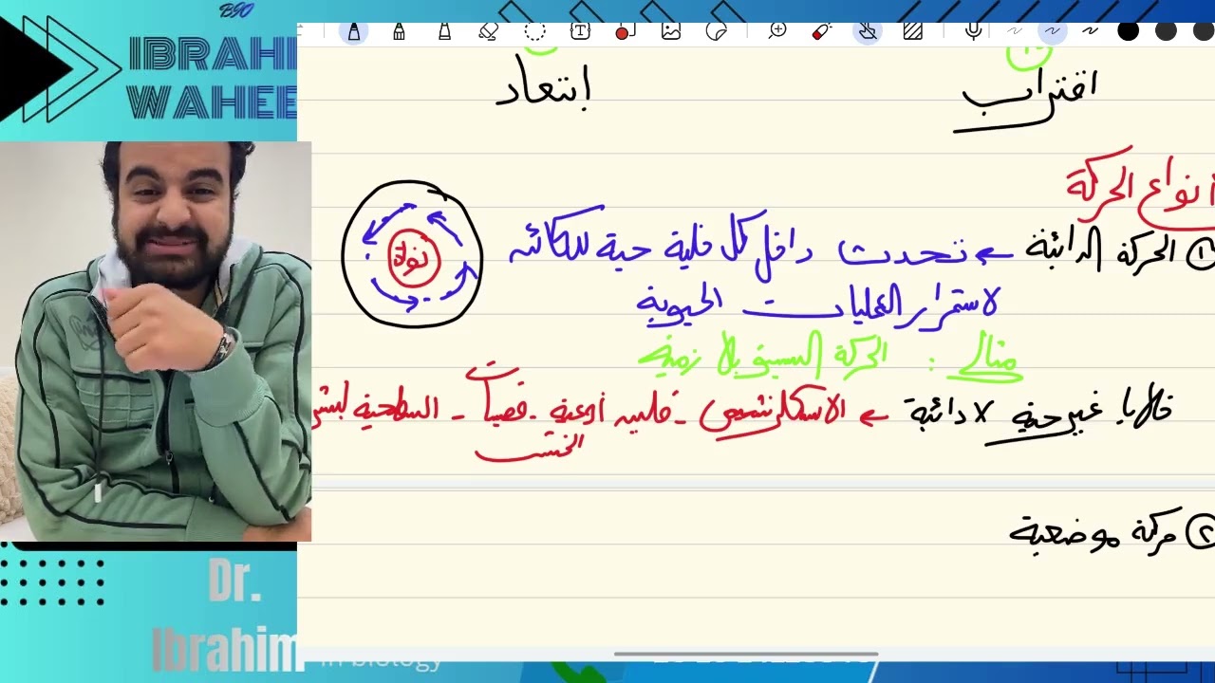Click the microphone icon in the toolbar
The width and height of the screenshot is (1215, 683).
pyautogui.click(x=973, y=31)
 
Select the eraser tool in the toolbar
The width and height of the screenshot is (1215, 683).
pyautogui.click(x=489, y=31)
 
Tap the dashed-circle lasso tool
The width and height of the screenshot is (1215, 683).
pyautogui.click(x=534, y=31)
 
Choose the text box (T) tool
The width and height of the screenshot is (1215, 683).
pyautogui.click(x=579, y=31)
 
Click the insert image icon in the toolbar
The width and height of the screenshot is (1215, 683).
pyautogui.click(x=671, y=31)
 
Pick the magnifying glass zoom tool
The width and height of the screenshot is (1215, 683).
pyautogui.click(x=777, y=31)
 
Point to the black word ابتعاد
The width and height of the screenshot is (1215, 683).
pyautogui.click(x=543, y=90)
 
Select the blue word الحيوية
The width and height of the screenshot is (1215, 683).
pyautogui.click(x=678, y=303)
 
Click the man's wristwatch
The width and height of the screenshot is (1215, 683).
pyautogui.click(x=223, y=347)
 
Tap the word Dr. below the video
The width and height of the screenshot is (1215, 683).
pyautogui.click(x=234, y=586)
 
